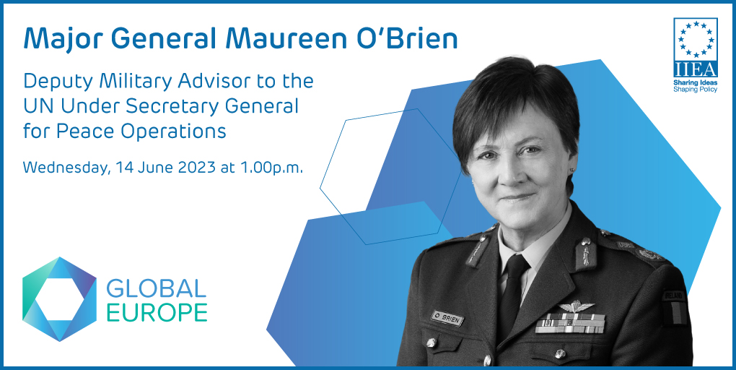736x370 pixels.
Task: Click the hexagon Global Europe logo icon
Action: [59, 298]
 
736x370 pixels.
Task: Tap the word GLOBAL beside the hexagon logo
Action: [157, 289]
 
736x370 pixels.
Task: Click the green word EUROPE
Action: [157, 312]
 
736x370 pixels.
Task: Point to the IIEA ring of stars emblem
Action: [696, 38]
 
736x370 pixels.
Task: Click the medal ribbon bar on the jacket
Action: [570, 323]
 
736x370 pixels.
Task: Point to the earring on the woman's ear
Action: [572, 171]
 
